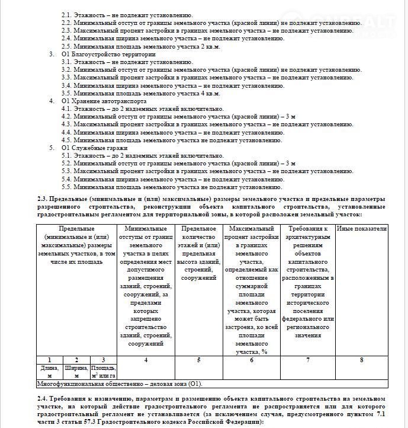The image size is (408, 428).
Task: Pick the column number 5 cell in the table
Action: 199,360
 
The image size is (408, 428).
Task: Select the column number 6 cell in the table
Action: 251,360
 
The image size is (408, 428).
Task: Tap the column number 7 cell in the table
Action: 307,360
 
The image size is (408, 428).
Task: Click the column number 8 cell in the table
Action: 361,360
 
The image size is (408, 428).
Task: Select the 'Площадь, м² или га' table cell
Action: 103,372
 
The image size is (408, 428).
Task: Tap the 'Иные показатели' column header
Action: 361,229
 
